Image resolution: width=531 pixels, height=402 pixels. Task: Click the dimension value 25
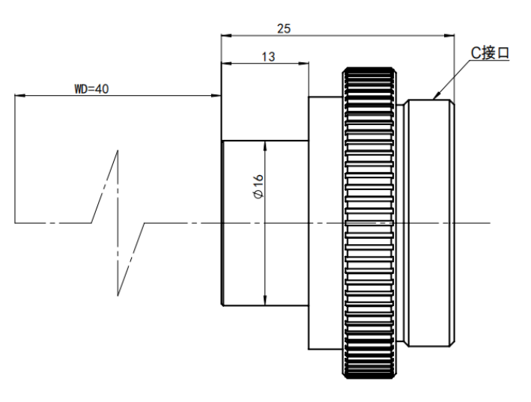tap(284, 28)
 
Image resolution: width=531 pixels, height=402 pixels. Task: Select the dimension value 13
tap(268, 56)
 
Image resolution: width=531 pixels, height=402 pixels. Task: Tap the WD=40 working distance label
tap(91, 89)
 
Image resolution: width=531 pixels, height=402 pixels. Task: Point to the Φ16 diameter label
tap(258, 186)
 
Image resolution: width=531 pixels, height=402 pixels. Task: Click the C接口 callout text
tap(490, 53)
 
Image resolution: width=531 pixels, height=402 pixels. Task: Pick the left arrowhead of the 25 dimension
tap(226, 35)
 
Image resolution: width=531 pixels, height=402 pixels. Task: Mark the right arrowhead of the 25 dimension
tap(449, 35)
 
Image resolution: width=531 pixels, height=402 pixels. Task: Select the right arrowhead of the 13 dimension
tap(304, 63)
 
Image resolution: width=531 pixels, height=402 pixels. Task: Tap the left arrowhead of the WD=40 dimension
tap(20, 96)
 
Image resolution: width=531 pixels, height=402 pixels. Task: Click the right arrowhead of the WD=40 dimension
tap(216, 96)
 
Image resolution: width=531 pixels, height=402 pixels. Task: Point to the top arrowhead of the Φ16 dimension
tap(265, 146)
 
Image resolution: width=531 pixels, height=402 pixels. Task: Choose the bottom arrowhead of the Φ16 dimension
tap(265, 300)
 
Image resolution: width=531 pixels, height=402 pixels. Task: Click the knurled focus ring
tap(369, 222)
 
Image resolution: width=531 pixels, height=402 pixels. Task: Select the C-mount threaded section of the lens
tap(431, 223)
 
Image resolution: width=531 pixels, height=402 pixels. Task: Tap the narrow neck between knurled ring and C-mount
tap(401, 223)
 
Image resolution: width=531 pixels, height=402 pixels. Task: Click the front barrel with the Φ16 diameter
tap(265, 223)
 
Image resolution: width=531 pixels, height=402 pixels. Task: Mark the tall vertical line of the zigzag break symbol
tap(118, 223)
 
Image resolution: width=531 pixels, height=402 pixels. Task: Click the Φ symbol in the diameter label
tap(258, 194)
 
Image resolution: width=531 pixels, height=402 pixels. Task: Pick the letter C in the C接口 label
tap(476, 53)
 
